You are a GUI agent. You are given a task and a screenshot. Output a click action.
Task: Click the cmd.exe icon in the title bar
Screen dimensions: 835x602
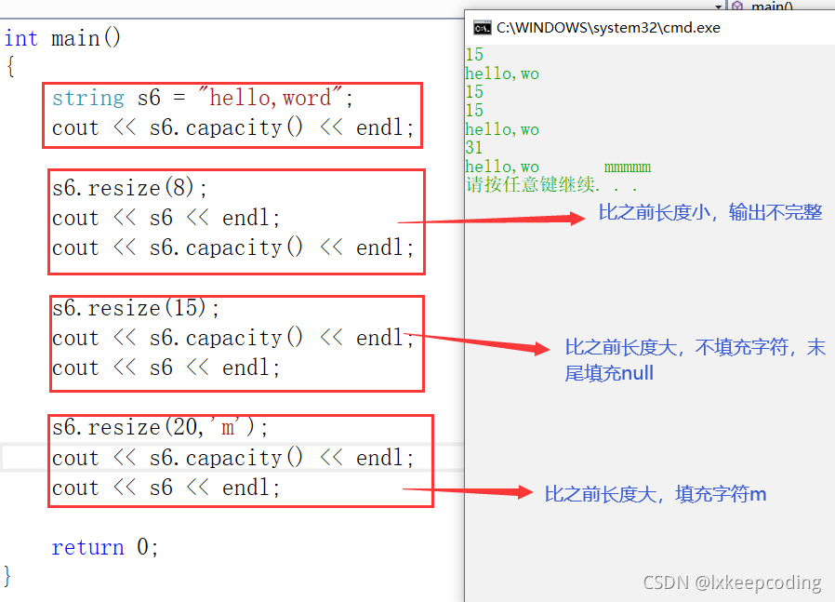pyautogui.click(x=482, y=28)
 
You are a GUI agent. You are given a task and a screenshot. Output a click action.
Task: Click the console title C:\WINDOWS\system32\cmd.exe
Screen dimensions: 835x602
pyautogui.click(x=608, y=28)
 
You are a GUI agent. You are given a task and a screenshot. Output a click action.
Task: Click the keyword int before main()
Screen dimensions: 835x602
pyautogui.click(x=20, y=38)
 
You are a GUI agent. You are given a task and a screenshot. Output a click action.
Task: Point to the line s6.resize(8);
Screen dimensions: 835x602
pyautogui.click(x=130, y=188)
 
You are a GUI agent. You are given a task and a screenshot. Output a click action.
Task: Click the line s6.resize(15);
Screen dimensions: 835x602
pyautogui.click(x=136, y=308)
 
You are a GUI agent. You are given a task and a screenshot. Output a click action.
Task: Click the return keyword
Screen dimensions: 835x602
pyautogui.click(x=87, y=547)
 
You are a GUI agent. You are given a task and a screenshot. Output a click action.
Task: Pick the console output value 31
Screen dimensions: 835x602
pyautogui.click(x=474, y=148)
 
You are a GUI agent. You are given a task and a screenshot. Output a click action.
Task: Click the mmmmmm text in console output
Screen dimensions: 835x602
pyautogui.click(x=628, y=167)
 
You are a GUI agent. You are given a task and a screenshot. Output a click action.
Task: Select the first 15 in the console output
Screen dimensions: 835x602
pyautogui.click(x=474, y=55)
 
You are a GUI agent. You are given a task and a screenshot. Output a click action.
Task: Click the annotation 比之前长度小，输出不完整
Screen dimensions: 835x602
pyautogui.click(x=710, y=213)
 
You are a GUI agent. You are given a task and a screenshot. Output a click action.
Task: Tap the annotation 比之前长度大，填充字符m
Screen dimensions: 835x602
pyautogui.click(x=656, y=494)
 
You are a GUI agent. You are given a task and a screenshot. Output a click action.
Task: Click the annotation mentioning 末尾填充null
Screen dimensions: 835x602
pyautogui.click(x=695, y=361)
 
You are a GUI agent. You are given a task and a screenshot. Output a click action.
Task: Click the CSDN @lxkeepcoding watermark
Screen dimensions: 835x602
pyautogui.click(x=733, y=582)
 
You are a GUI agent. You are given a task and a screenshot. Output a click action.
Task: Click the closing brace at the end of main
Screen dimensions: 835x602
pyautogui.click(x=8, y=575)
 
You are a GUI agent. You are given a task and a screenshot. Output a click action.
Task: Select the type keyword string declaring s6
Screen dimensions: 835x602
pyautogui.click(x=87, y=98)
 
